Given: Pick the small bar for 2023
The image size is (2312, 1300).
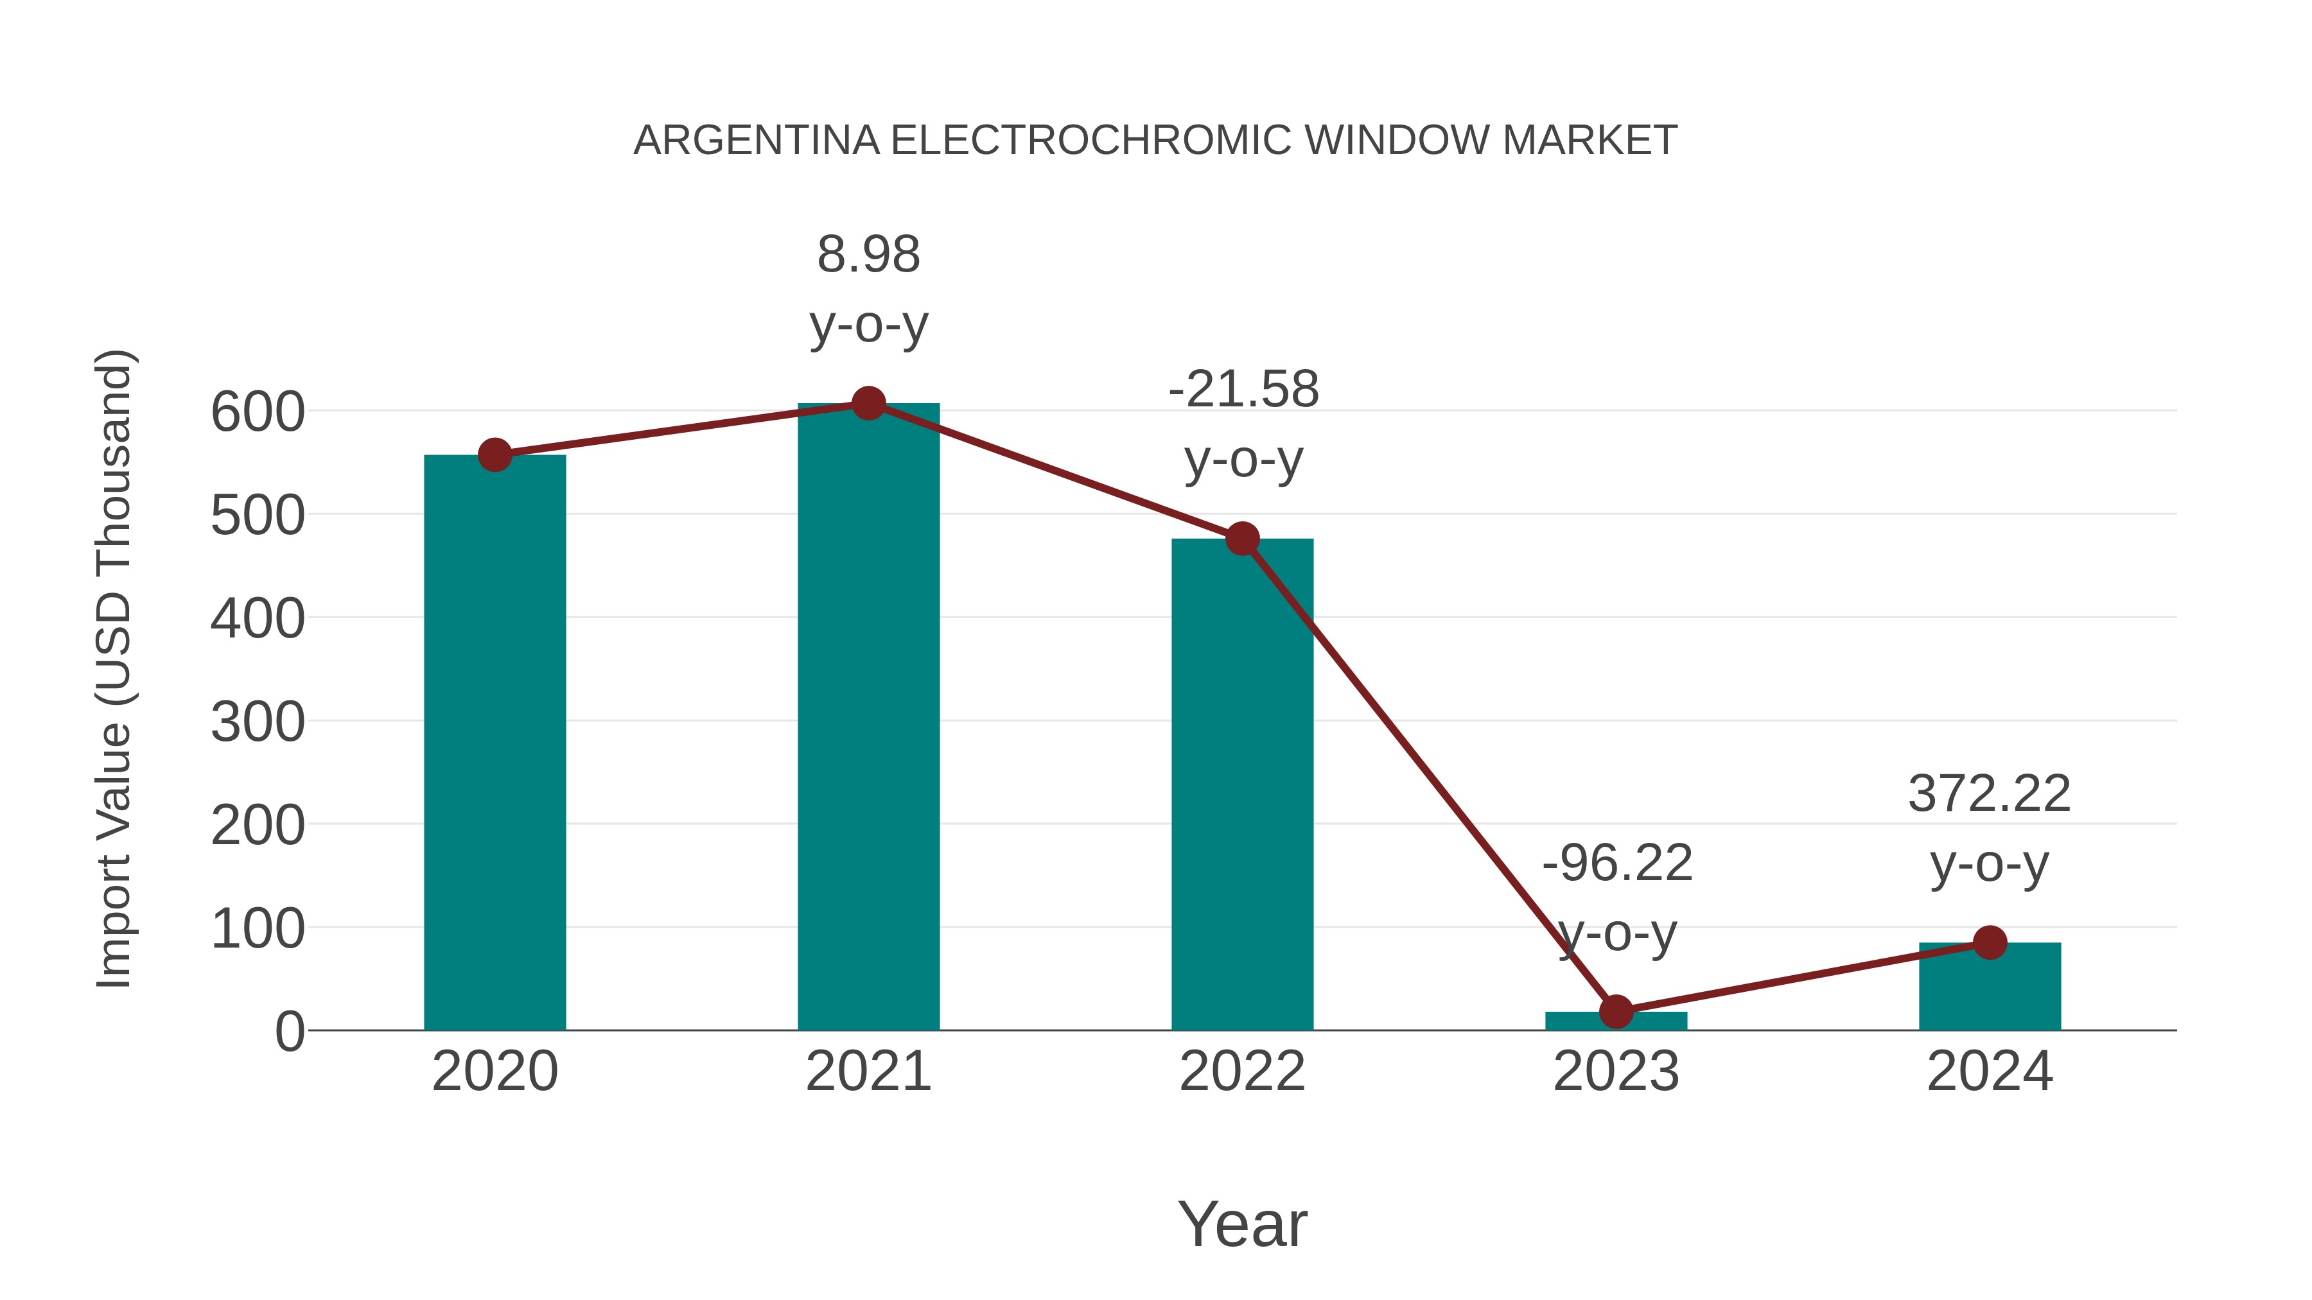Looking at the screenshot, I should [1616, 1021].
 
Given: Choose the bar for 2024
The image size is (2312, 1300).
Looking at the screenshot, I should [1990, 986].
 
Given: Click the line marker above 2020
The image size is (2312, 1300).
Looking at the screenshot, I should [495, 455].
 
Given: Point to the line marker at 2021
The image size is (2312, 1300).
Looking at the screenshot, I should [868, 404].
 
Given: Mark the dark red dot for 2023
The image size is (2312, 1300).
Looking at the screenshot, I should [1616, 1011].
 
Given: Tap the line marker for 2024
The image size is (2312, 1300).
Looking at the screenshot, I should [1990, 942].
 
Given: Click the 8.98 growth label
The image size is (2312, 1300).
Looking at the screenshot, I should [868, 255].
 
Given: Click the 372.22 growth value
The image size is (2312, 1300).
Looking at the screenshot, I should [1989, 794].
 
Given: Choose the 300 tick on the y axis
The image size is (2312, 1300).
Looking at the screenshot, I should [258, 722].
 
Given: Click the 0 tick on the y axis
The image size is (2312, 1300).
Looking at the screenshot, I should [289, 1032].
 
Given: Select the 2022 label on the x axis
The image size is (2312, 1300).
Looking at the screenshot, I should [1242, 1071].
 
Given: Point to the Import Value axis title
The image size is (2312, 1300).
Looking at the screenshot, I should [115, 668].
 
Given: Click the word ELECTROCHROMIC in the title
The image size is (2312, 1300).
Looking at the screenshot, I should [1092, 141].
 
